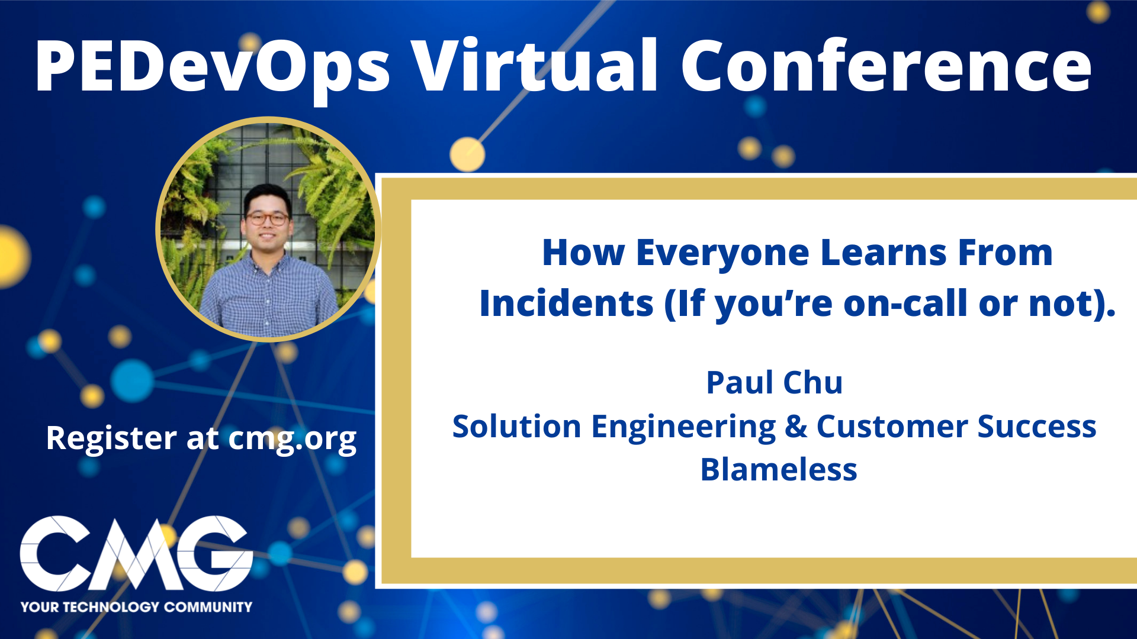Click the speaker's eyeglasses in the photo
[268, 218]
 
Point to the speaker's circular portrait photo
[267, 230]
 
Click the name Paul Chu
[774, 382]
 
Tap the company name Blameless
[779, 470]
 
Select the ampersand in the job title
[795, 427]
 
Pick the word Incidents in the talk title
[566, 304]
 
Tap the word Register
[111, 439]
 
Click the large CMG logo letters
[136, 553]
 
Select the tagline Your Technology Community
[136, 607]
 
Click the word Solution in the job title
[517, 427]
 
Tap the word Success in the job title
[1036, 427]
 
